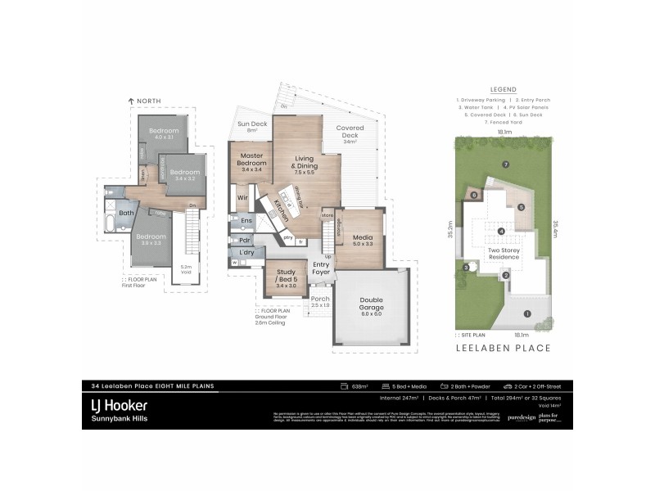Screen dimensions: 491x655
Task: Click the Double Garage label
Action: click(x=371, y=304)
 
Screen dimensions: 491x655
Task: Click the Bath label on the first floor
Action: click(x=126, y=214)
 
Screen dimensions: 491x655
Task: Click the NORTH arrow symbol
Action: click(x=131, y=101)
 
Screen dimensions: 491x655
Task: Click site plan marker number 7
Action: click(x=506, y=164)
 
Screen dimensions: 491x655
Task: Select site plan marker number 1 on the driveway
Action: click(x=527, y=313)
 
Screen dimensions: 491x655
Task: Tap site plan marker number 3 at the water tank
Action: click(x=466, y=268)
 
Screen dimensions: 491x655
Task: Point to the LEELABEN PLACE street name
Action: click(x=502, y=349)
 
